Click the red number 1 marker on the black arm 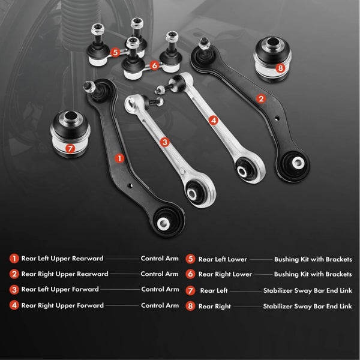pos(119,158)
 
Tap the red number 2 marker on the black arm pos(261,99)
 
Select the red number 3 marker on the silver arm pos(164,142)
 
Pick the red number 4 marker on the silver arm pos(214,121)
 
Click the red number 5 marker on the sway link pos(115,52)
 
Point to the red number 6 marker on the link pos(155,65)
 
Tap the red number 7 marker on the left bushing pos(70,149)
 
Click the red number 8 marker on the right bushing pos(280,68)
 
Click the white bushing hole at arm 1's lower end pos(163,224)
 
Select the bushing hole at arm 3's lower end pos(192,194)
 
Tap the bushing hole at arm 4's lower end pos(242,171)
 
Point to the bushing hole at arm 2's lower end pos(298,163)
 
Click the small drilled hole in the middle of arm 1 pos(130,185)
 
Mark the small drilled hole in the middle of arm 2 pos(277,118)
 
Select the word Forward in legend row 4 pos(90,305)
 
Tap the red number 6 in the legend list pos(190,274)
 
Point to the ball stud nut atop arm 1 pos(89,86)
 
